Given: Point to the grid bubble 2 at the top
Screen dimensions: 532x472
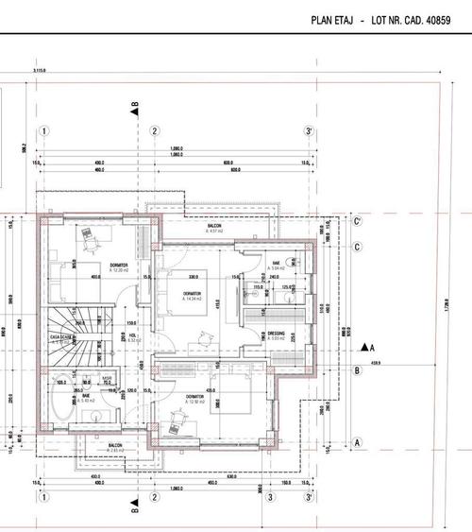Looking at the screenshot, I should point(153,131).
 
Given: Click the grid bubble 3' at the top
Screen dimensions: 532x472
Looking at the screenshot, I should point(308,131).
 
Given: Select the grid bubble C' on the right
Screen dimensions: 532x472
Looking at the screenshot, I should point(357,222).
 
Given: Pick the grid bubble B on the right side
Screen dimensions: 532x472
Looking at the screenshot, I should point(357,371).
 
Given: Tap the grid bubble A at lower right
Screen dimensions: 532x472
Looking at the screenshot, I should point(357,441).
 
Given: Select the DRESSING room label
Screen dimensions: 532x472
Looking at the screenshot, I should point(277,334).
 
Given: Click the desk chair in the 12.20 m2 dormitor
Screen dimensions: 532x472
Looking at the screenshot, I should point(92,242).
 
